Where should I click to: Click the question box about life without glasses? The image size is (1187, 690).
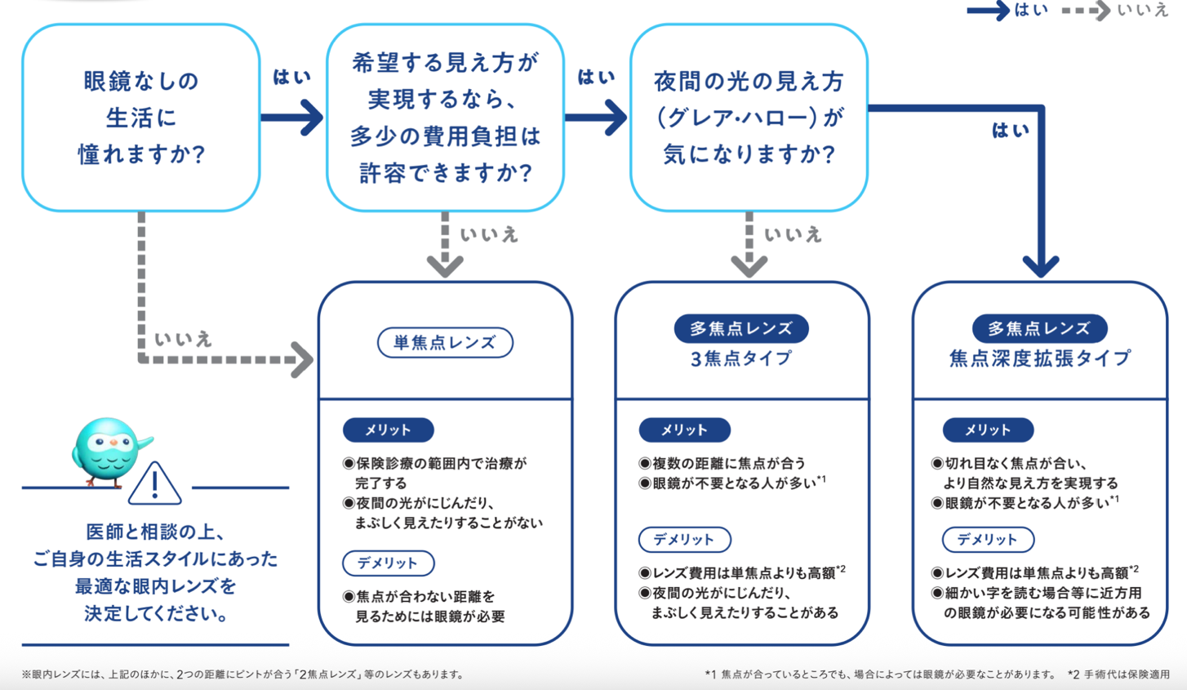140,118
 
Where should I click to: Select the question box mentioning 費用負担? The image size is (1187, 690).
445,118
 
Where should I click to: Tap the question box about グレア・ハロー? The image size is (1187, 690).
749,118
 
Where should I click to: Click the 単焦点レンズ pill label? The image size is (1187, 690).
445,343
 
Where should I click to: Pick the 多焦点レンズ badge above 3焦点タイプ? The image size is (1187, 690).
740,328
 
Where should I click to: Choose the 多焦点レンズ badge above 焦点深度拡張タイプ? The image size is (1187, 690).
1038,328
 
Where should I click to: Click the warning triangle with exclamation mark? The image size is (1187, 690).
155,484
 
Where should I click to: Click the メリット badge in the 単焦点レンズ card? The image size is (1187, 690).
388,430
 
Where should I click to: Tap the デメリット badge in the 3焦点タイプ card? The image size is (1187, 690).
684,540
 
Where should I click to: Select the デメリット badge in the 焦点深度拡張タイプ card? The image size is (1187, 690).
988,540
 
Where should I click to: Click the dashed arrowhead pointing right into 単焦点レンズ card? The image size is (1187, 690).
303,360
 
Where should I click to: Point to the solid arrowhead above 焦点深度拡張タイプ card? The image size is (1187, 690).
1041,265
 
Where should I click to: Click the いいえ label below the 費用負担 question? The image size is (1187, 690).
489,235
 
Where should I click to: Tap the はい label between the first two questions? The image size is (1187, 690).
291,78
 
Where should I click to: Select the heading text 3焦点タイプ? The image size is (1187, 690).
740,358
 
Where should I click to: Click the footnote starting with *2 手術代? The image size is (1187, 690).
1118,674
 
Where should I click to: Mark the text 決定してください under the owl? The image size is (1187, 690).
156,613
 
